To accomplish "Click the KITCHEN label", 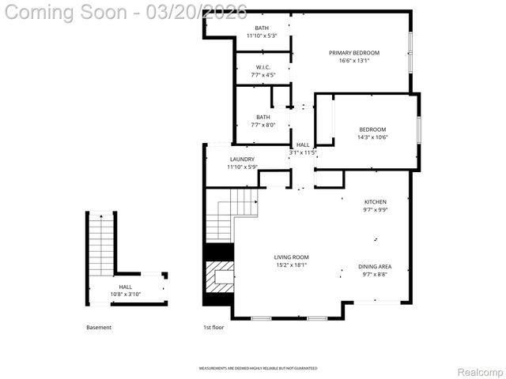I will pos(375,202).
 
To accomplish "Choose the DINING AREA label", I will pos(375,267).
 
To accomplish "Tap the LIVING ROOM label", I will pos(291,257).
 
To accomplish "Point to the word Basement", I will pos(99,328).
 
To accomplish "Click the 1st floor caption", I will pos(215,328).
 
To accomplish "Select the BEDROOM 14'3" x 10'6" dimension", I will pos(372,137).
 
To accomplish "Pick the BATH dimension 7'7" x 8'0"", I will pos(262,125).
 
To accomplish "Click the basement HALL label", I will pos(126,287).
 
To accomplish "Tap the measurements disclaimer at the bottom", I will pos(258,369).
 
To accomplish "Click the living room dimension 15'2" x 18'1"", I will pos(291,265).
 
